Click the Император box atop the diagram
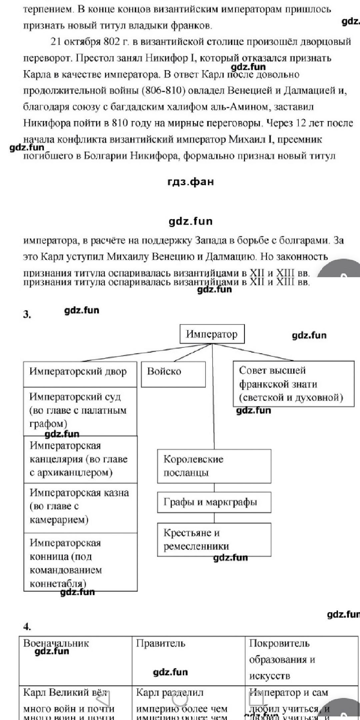(x=212, y=334)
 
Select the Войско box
(x=173, y=374)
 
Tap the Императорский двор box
(x=80, y=374)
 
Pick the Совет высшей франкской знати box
(x=293, y=384)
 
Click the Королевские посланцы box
(x=214, y=466)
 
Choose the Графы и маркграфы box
(x=214, y=502)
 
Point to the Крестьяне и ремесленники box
(x=214, y=539)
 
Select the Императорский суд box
(x=80, y=411)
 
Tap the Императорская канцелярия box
(x=80, y=459)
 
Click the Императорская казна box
(x=80, y=507)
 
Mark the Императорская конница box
(x=80, y=563)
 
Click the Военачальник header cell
(x=75, y=660)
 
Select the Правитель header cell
(x=188, y=660)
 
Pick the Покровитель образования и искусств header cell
(x=302, y=660)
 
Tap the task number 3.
(x=27, y=314)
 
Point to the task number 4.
(x=27, y=627)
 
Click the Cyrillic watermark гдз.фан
(x=190, y=182)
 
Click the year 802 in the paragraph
(x=111, y=42)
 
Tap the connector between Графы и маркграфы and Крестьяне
(x=214, y=518)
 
